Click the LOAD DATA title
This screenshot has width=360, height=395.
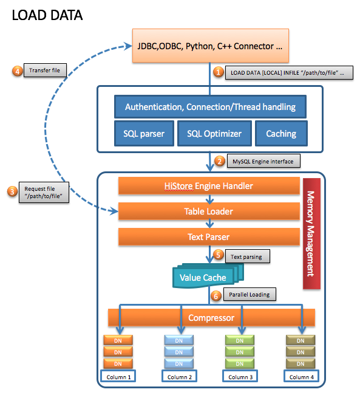[47, 15]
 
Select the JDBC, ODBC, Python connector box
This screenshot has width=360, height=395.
[211, 46]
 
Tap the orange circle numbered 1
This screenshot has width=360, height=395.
[219, 72]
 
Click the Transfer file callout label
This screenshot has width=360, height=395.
[45, 70]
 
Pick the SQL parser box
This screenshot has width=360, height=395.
[144, 134]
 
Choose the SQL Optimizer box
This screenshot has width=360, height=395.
[214, 134]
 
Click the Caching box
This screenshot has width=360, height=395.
[281, 134]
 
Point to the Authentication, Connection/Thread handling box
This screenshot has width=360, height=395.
[210, 107]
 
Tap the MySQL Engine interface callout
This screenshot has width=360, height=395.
[263, 161]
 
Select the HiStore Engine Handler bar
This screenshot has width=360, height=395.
[209, 186]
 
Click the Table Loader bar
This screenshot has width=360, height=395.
[209, 211]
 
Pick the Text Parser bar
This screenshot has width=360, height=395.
[209, 237]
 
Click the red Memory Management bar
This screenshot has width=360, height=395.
[311, 233]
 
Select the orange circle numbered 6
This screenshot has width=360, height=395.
[216, 296]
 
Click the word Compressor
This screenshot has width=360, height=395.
[211, 318]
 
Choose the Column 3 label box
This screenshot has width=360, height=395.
[240, 376]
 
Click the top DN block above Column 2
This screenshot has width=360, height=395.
[178, 340]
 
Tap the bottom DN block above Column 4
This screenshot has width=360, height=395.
[301, 363]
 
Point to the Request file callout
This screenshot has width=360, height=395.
[44, 193]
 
